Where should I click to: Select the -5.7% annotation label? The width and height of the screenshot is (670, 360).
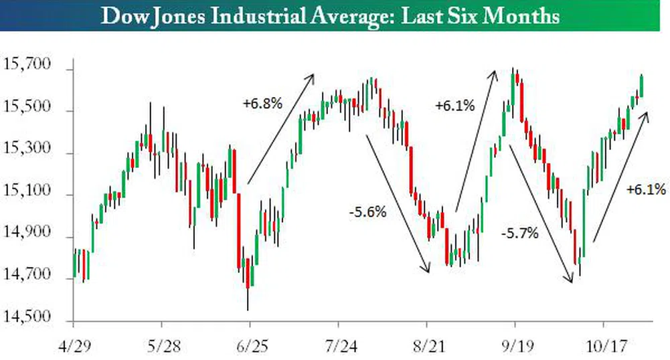(x=519, y=234)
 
